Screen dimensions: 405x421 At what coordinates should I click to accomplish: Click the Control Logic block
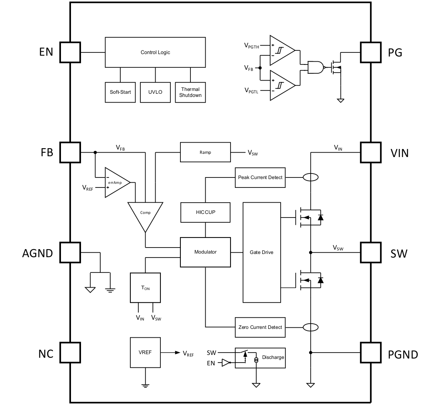coord(155,52)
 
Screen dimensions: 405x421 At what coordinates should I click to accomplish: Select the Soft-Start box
coord(120,92)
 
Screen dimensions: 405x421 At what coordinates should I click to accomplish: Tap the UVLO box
coord(155,92)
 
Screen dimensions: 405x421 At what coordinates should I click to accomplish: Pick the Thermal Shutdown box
coord(190,92)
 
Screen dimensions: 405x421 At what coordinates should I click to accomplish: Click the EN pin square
coord(70,52)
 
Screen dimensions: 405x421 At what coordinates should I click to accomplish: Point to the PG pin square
coord(370,52)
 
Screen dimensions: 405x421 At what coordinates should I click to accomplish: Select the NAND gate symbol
coord(316,67)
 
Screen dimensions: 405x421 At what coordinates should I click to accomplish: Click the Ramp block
coord(205,152)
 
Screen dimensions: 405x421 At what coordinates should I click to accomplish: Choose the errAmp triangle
coord(117,183)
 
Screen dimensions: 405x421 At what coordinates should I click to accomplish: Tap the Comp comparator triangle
coord(145,214)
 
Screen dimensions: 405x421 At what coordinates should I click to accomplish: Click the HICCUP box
coord(205,212)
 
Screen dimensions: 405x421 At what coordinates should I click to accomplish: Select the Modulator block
coord(205,252)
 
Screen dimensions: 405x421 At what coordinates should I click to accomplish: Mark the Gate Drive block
coord(261,252)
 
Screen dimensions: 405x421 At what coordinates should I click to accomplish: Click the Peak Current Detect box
coord(260,177)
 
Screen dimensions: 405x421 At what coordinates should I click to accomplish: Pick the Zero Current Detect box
coord(260,327)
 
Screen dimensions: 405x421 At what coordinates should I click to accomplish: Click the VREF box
coord(145,353)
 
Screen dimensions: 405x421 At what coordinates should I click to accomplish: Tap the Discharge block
coord(260,358)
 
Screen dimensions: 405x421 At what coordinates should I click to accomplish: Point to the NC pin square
coord(70,353)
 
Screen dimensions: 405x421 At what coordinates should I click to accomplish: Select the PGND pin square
coord(370,353)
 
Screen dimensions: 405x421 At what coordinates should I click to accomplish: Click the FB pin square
coord(70,152)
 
